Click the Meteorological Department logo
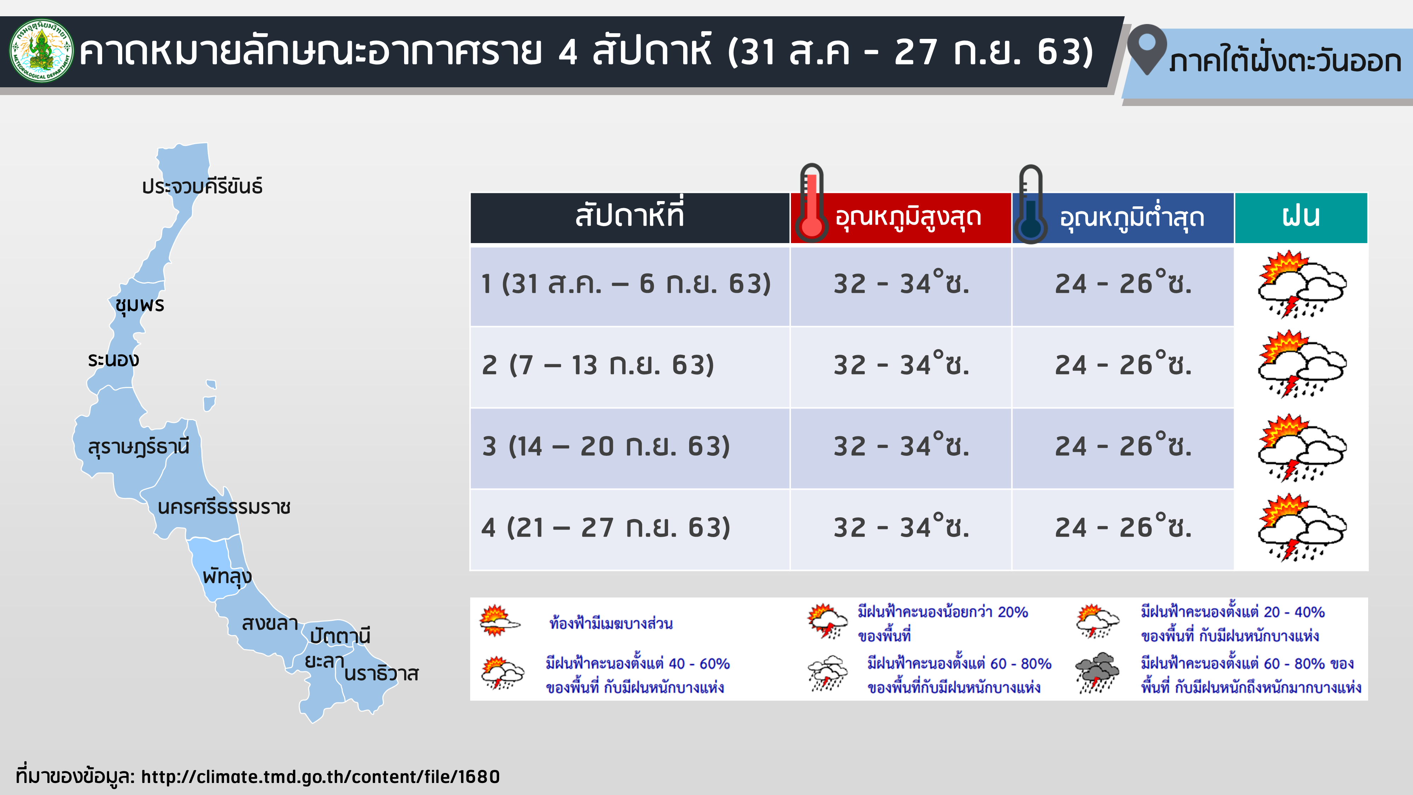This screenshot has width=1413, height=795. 42,51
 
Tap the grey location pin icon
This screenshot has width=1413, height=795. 1147,49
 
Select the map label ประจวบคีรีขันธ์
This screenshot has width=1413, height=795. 202,187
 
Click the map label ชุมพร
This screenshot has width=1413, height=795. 140,305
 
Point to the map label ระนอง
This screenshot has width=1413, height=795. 113,360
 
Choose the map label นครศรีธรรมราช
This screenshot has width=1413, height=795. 224,507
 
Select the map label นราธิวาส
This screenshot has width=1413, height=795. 381,674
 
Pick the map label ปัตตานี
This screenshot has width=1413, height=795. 340,636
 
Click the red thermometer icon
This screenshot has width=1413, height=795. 811,203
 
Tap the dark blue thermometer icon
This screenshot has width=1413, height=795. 1031,204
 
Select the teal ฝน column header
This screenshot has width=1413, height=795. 1301,217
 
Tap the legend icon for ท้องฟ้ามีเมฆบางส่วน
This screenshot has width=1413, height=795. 499,620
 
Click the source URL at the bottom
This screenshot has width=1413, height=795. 320,777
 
